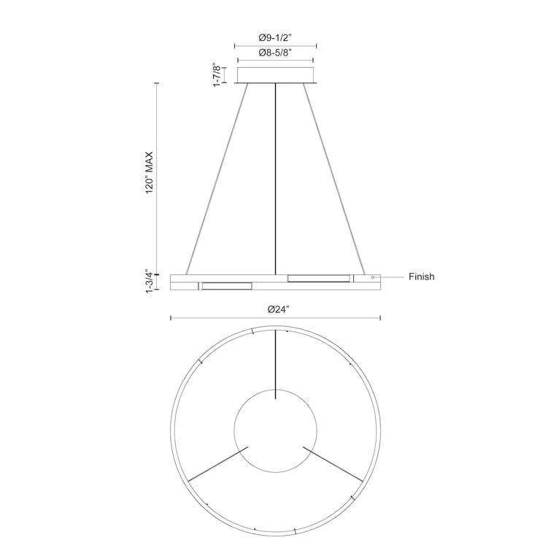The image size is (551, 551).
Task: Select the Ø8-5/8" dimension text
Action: coord(275,53)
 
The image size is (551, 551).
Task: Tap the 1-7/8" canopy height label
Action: coord(216,74)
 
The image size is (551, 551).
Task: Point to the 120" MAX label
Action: coord(148,172)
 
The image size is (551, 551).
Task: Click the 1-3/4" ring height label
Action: coord(148,281)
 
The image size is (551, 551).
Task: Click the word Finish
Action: coord(421,277)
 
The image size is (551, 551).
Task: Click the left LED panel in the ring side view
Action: coord(226,285)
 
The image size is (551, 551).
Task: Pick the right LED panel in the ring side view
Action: coord(318,277)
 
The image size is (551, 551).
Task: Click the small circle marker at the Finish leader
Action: coord(373,277)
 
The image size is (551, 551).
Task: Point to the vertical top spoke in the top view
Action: coord(275,365)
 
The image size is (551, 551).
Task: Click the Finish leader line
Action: coord(390,277)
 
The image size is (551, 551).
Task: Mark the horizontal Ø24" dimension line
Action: coord(219,317)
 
